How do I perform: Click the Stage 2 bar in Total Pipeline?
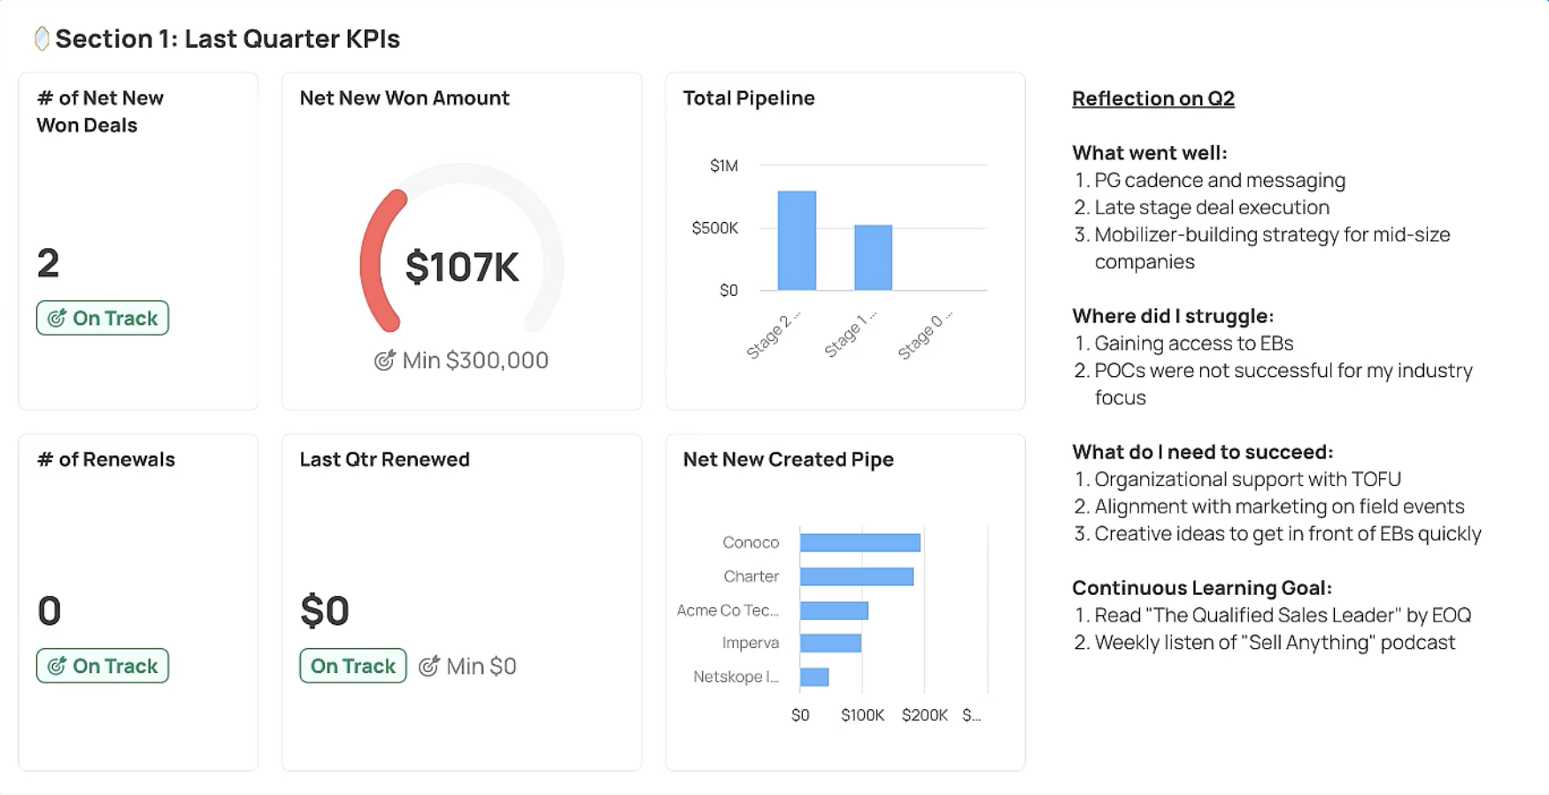click(x=797, y=241)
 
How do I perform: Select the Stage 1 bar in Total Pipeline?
click(x=873, y=258)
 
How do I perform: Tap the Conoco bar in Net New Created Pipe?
click(x=859, y=543)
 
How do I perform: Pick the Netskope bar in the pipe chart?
click(x=814, y=677)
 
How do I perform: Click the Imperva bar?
click(x=830, y=644)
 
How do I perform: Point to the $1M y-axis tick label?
click(x=723, y=166)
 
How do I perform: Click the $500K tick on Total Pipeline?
click(x=714, y=228)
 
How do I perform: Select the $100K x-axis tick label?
click(x=862, y=715)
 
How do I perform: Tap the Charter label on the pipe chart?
click(x=751, y=576)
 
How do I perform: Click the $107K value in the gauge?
click(x=462, y=267)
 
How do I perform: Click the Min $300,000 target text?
click(x=474, y=360)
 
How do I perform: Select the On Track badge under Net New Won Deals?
click(x=103, y=318)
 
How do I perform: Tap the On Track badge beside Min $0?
click(x=352, y=666)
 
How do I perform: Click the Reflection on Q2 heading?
click(x=1152, y=98)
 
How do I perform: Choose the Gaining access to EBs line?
click(x=1193, y=343)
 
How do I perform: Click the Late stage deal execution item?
click(x=1211, y=207)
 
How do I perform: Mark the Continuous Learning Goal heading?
click(x=1201, y=588)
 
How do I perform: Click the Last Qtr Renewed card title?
click(x=384, y=459)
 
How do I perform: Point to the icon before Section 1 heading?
click(x=41, y=38)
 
